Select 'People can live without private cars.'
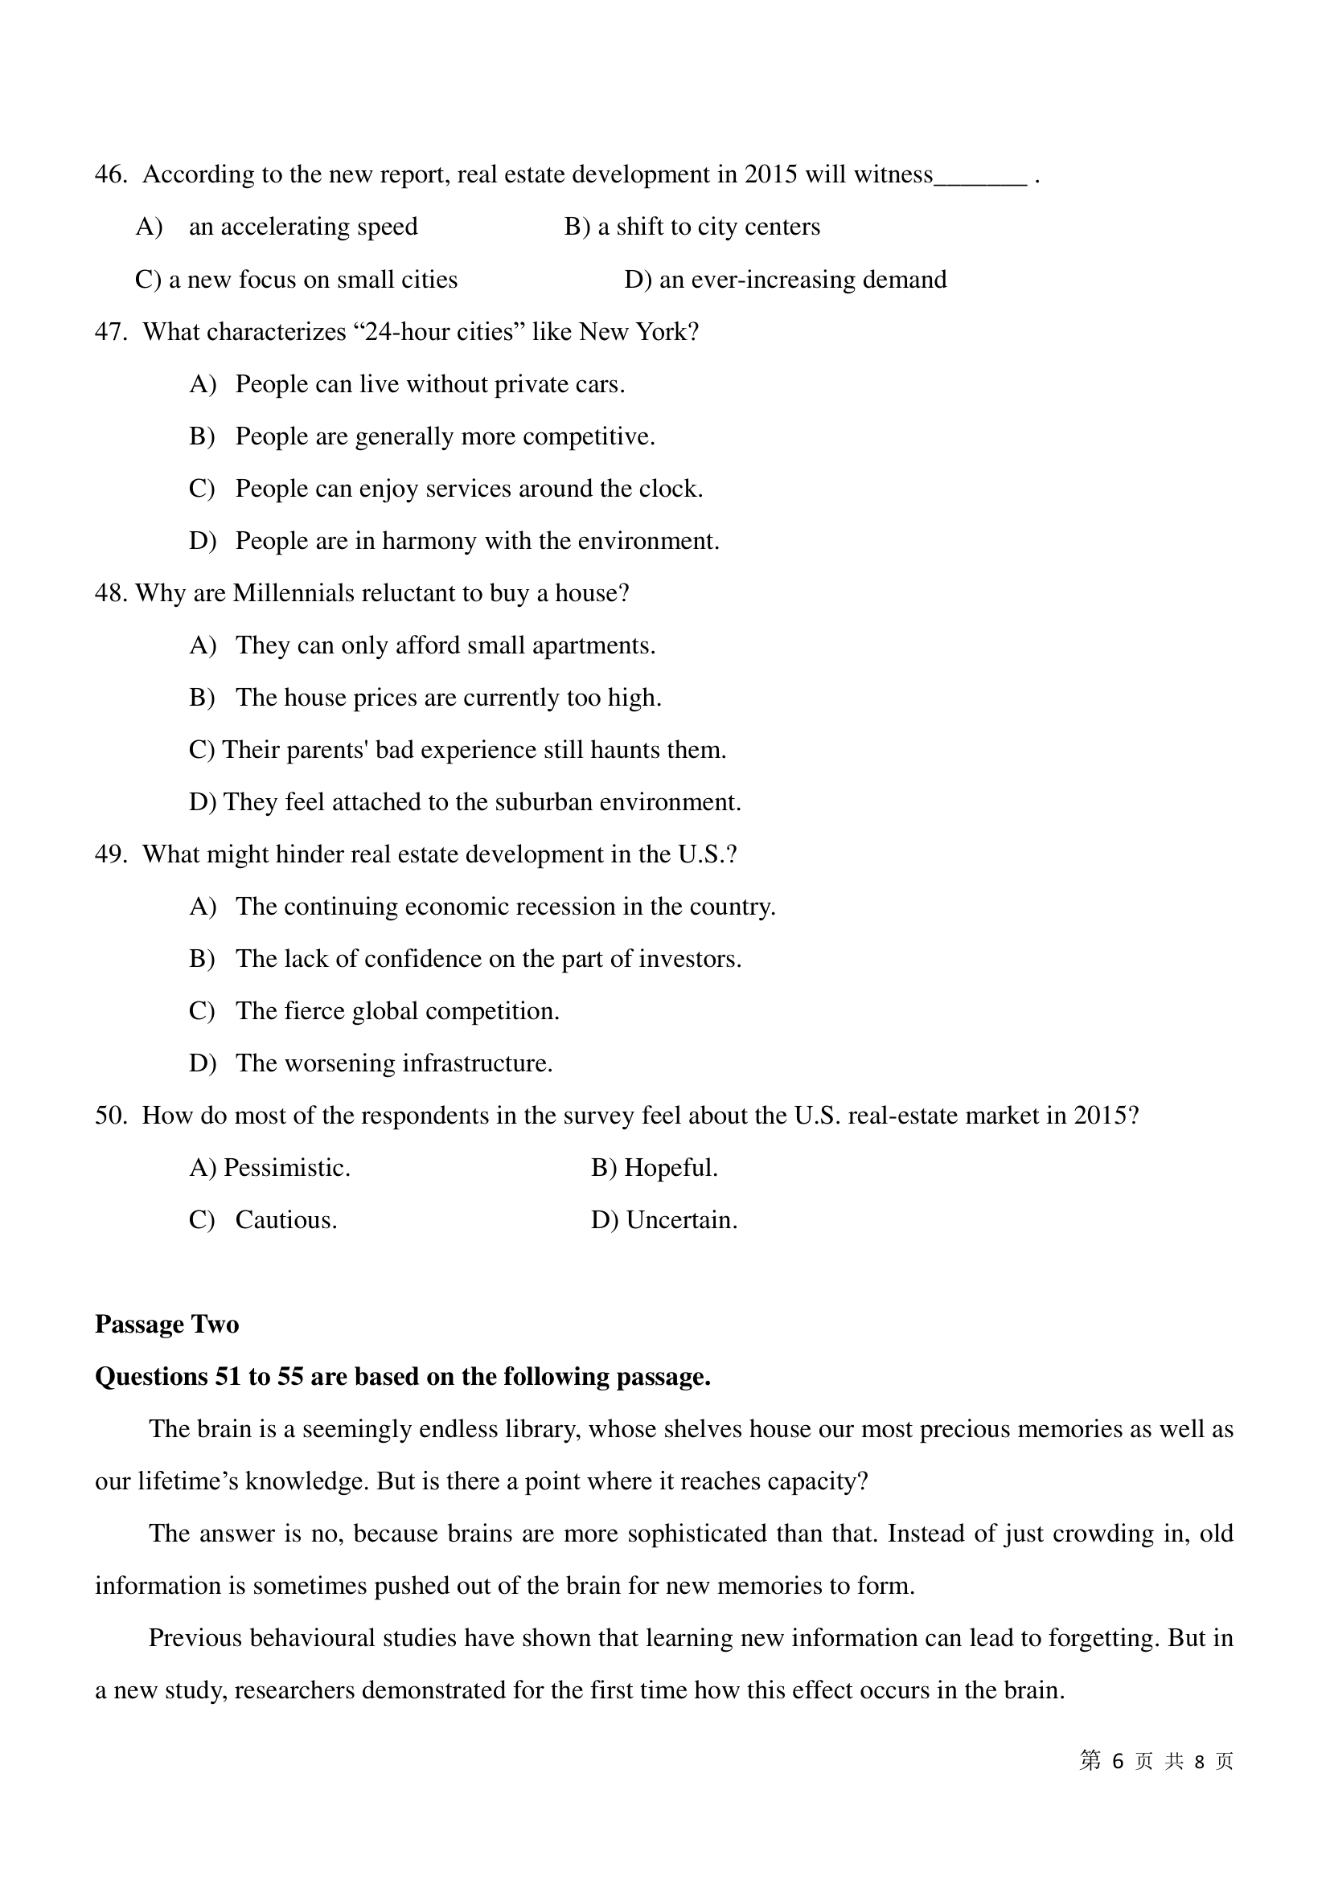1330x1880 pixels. coord(430,384)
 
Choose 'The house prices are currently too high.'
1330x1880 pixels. coord(448,698)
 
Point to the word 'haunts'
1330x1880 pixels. coord(618,750)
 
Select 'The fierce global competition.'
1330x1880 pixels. coord(397,1011)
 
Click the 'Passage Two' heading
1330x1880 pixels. coord(167,1325)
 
